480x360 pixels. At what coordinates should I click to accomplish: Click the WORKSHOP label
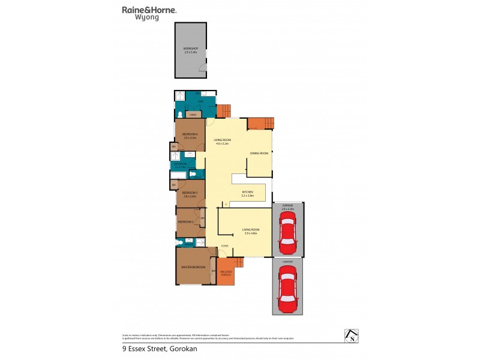tap(190, 50)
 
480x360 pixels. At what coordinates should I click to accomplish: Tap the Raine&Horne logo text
tap(149, 10)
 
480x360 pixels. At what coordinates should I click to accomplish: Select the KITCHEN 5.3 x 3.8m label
tap(248, 194)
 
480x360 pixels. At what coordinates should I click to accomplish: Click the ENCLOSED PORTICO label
tap(226, 274)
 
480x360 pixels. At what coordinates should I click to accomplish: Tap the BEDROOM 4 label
tap(190, 136)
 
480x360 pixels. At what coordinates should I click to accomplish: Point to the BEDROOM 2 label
tap(185, 221)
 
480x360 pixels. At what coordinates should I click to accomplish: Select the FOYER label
tap(224, 246)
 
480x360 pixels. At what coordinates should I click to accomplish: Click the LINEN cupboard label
tap(193, 114)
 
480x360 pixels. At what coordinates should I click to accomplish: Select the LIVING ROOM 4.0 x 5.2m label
tap(223, 142)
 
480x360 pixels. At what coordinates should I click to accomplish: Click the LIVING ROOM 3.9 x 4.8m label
tap(251, 231)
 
